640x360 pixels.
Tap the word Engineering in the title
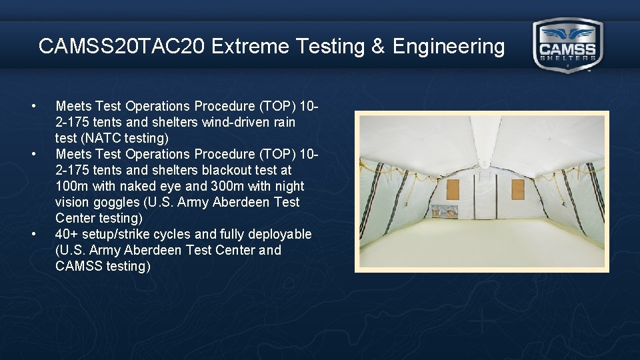click(449, 47)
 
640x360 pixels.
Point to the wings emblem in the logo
click(567, 33)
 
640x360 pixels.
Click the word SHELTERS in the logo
click(567, 58)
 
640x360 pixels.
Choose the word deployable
click(280, 234)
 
